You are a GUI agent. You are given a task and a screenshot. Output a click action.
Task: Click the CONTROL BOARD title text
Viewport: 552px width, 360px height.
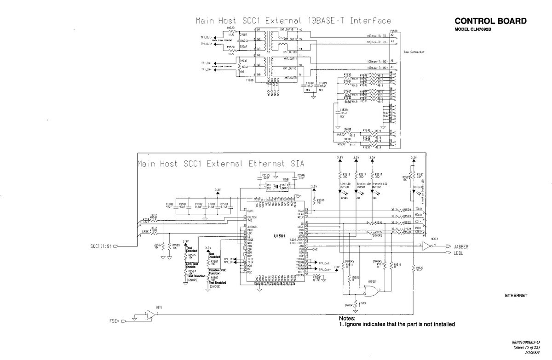click(490, 22)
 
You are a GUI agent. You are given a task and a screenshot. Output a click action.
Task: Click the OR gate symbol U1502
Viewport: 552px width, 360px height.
click(371, 291)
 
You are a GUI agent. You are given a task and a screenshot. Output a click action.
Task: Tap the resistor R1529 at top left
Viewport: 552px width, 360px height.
click(231, 31)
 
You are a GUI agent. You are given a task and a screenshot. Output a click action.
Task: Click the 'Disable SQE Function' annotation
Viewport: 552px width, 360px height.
click(217, 272)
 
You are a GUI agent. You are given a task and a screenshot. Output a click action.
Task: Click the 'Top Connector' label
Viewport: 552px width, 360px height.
click(414, 52)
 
